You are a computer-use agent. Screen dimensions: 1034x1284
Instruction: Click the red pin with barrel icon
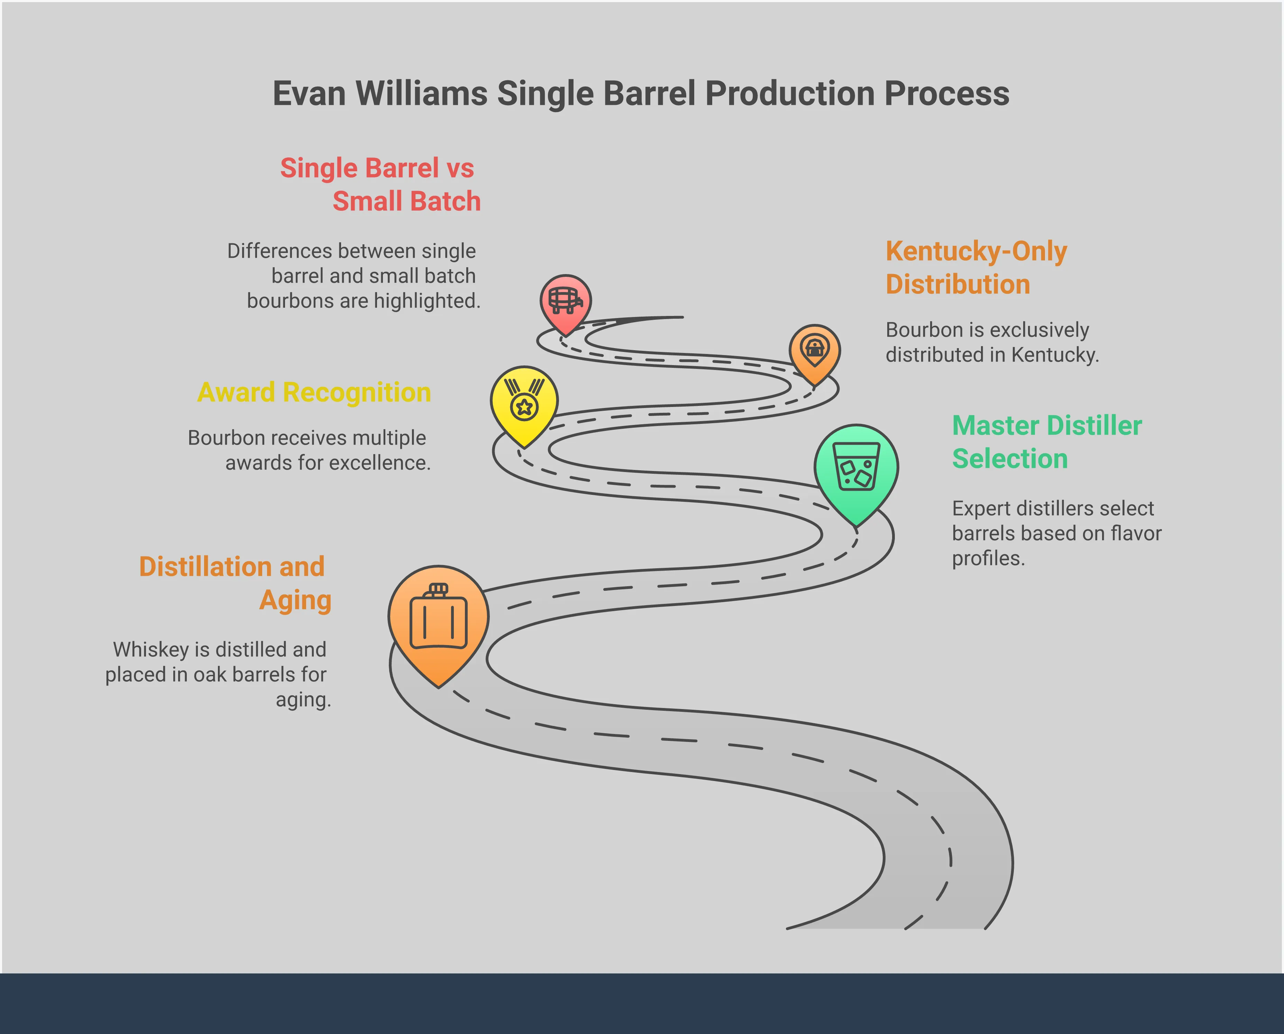coord(565,300)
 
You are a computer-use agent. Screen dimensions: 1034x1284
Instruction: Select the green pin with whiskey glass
coord(856,468)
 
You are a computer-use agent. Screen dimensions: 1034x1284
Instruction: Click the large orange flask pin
coord(438,620)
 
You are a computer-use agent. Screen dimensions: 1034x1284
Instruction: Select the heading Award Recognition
coord(314,392)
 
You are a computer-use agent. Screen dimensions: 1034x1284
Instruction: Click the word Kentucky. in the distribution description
coord(1055,355)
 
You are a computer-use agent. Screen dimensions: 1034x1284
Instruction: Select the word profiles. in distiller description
coord(988,559)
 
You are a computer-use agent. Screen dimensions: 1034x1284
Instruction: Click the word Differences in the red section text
coord(279,251)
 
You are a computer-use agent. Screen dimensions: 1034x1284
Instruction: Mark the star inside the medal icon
coord(524,408)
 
